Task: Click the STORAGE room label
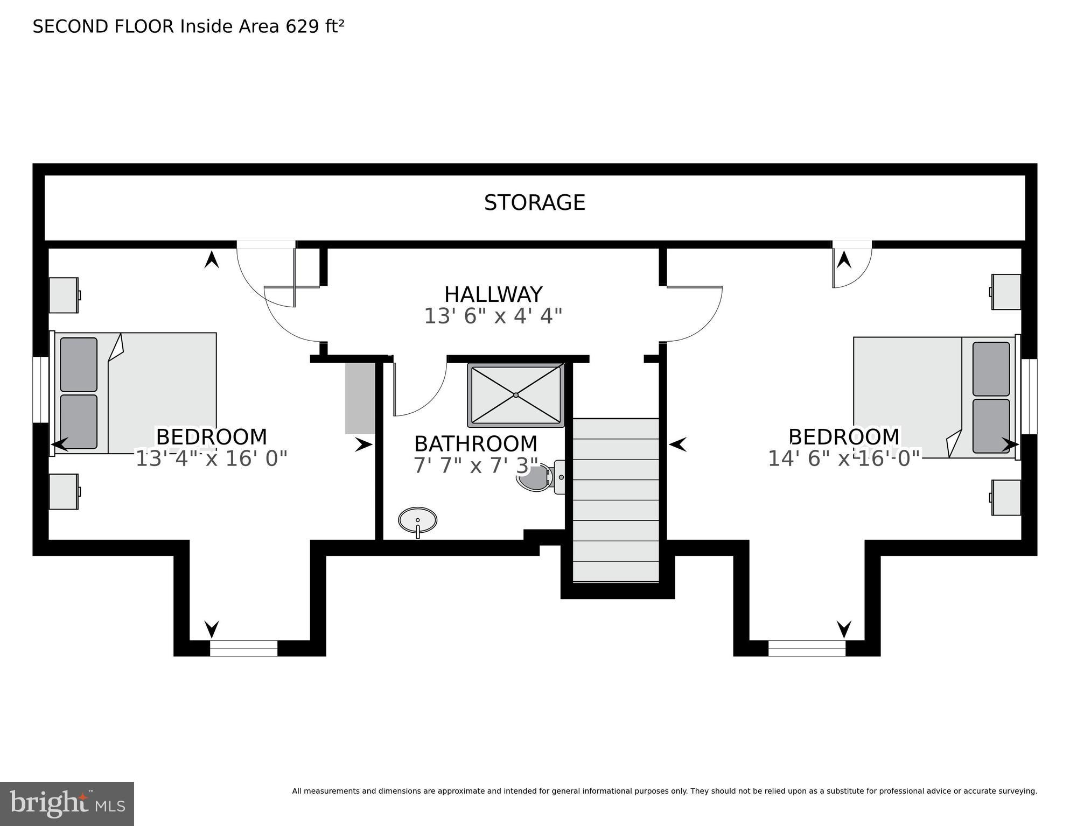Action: pos(534,203)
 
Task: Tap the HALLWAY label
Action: pos(493,294)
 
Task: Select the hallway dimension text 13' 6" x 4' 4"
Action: pos(493,316)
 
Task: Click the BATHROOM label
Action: pos(475,444)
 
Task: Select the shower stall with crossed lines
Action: pos(515,395)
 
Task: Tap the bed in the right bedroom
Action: pos(934,397)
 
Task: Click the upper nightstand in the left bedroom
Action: pos(64,295)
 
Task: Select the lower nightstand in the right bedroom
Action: pos(1006,498)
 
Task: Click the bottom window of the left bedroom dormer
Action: pos(243,648)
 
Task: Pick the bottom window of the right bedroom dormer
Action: pos(806,648)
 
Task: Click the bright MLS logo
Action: pos(67,804)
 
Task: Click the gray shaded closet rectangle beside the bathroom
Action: pos(360,398)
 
